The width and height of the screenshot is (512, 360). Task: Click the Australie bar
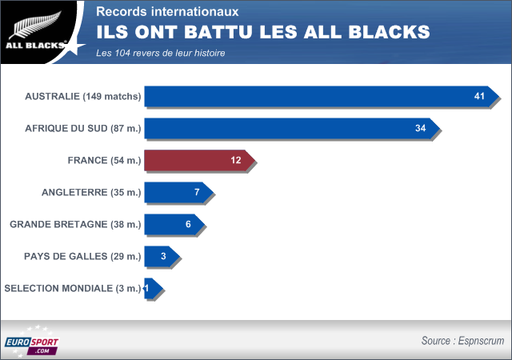click(x=320, y=97)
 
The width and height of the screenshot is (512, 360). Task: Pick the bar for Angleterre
click(x=177, y=193)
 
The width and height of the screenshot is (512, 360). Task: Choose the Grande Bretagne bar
click(x=173, y=225)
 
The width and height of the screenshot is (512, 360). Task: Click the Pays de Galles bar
click(x=161, y=257)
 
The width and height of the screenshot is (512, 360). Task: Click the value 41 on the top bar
click(x=480, y=97)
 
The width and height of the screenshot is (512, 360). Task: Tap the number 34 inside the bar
click(x=421, y=129)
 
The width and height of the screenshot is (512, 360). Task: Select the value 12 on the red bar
click(x=236, y=161)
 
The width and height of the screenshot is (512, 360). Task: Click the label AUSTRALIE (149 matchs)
click(x=83, y=97)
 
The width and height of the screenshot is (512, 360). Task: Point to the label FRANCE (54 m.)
click(x=104, y=161)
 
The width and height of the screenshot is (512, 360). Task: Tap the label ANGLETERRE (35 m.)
click(x=91, y=193)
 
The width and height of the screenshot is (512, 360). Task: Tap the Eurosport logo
click(x=31, y=342)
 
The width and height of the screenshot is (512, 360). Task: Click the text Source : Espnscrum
click(x=462, y=341)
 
